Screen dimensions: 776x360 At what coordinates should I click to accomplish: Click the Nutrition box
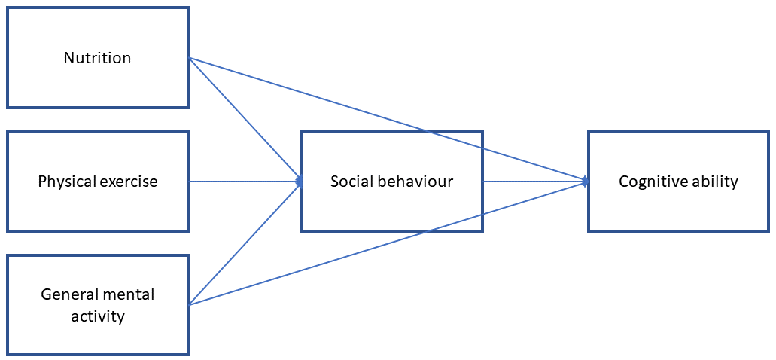pos(98,57)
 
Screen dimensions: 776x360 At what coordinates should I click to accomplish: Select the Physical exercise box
pos(98,182)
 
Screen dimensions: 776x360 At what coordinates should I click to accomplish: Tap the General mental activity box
pos(98,305)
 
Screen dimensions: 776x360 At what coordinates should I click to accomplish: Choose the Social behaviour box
pos(392,182)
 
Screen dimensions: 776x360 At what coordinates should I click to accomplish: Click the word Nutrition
pos(98,58)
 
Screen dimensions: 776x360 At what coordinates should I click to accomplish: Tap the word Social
pos(348,182)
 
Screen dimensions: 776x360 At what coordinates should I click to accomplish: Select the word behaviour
pos(411,182)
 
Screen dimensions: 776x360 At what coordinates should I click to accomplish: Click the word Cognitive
pos(650,182)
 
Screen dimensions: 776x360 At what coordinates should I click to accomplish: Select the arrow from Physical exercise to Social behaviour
pos(245,182)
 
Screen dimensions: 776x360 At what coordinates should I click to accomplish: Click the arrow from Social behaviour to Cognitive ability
pos(536,182)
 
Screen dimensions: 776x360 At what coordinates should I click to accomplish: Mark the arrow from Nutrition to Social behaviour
pos(245,119)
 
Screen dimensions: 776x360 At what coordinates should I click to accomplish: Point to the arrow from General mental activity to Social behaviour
pos(245,243)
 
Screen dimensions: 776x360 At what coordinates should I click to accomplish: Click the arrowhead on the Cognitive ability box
pos(586,182)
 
